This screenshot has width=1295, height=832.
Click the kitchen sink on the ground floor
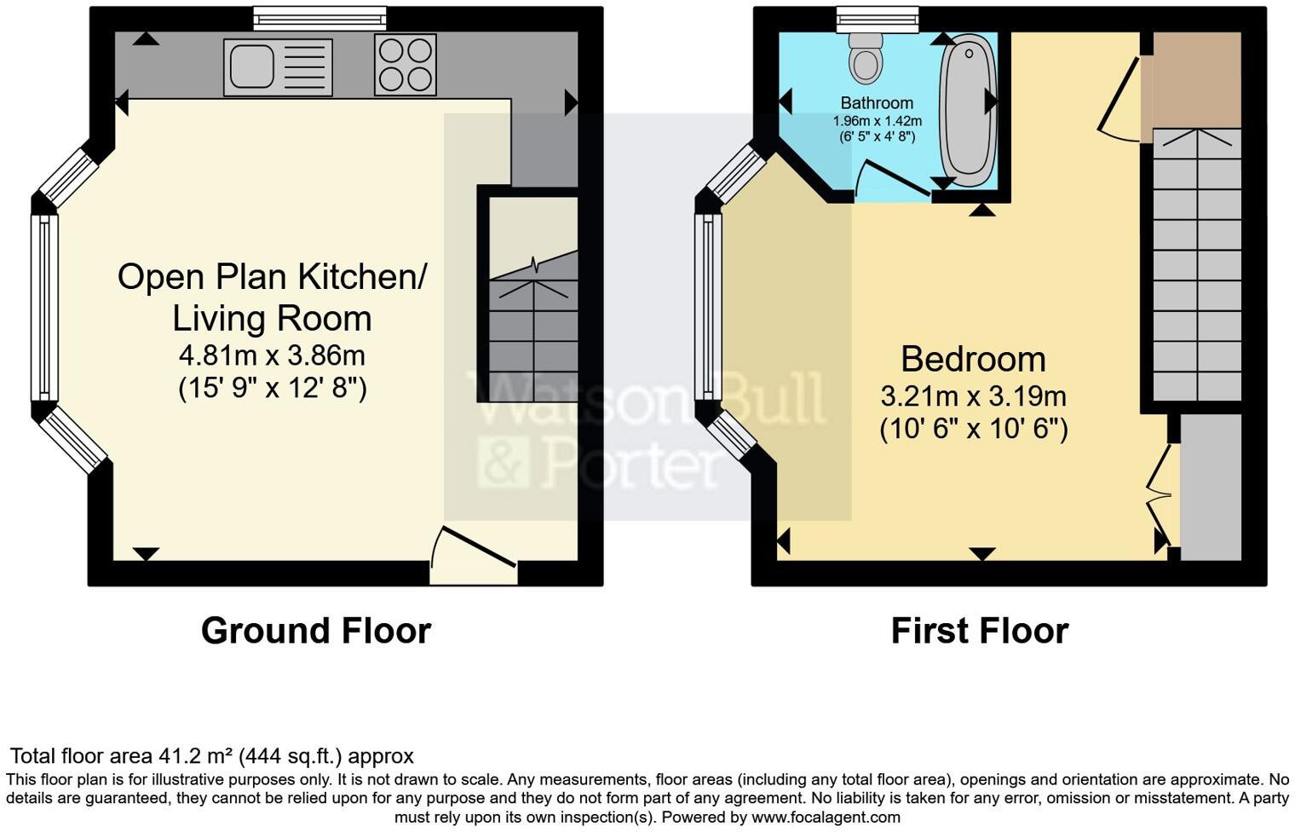pos(278,67)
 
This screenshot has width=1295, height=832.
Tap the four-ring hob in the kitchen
pos(406,65)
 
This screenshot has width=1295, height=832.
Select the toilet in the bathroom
pos(866,58)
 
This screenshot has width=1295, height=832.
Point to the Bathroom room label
pos(877,103)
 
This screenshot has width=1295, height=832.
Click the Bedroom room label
pos(973,359)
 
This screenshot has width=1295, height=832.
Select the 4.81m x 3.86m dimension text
pos(272,355)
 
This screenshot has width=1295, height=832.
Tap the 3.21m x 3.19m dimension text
pos(973,396)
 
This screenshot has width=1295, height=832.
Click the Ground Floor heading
pos(316,631)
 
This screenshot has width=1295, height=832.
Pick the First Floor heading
pos(979,631)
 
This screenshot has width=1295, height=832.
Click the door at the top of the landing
pos(1121,98)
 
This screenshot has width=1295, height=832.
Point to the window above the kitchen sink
pos(319,18)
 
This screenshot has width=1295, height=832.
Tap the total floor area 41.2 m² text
pos(211,756)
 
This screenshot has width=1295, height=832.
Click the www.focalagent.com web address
pos(826,817)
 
